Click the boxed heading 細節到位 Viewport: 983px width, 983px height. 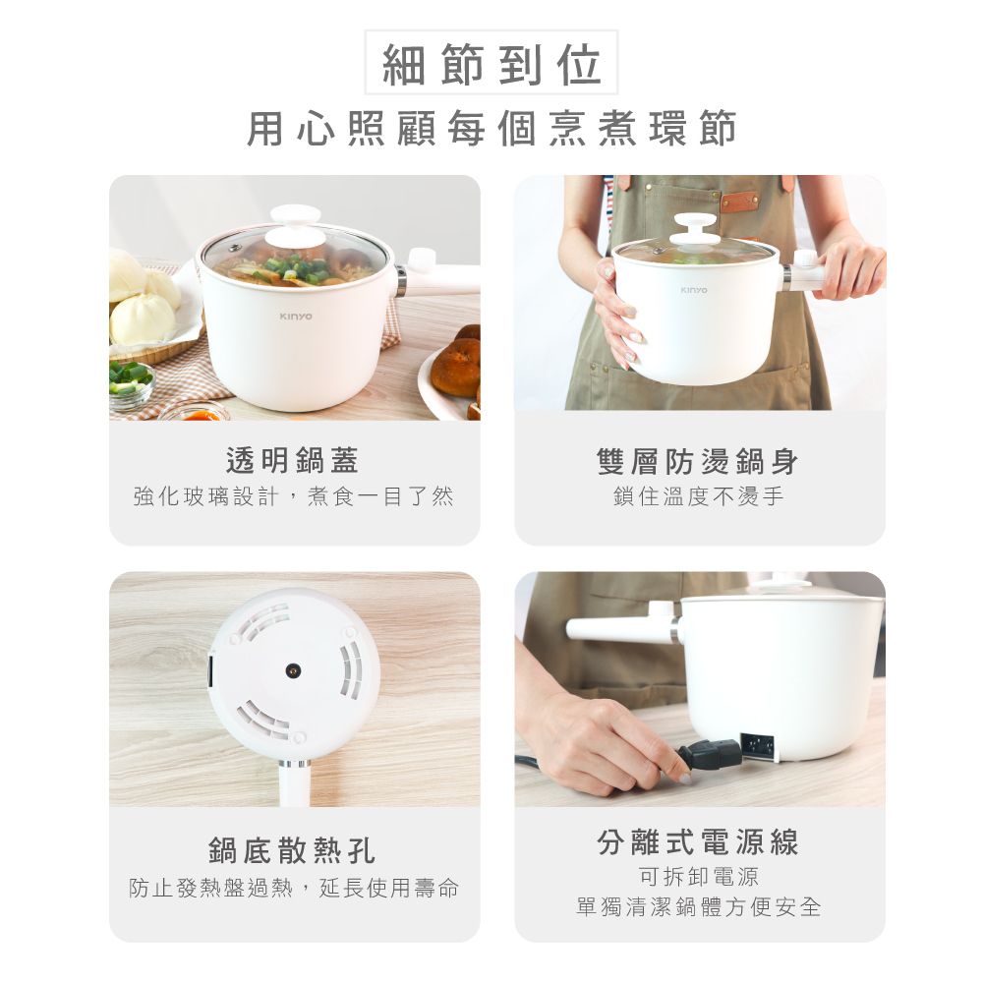[491, 64]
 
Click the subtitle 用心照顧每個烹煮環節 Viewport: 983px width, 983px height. [491, 129]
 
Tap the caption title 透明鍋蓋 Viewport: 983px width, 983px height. [293, 459]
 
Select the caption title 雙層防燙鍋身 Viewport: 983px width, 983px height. [698, 460]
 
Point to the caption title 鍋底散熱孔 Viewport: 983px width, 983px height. [293, 850]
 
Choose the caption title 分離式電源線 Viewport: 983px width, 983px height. [698, 841]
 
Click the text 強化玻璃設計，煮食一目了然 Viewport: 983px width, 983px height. [293, 497]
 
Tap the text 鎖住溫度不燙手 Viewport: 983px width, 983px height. [698, 497]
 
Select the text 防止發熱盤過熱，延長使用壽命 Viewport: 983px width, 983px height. [293, 889]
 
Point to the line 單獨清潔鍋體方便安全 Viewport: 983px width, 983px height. [698, 906]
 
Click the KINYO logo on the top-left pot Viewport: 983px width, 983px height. [295, 317]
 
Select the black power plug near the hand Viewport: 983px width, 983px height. [711, 754]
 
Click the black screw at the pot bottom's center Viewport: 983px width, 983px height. [292, 670]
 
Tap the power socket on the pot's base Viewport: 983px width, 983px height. [757, 745]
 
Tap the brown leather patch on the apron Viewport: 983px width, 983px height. [739, 202]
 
